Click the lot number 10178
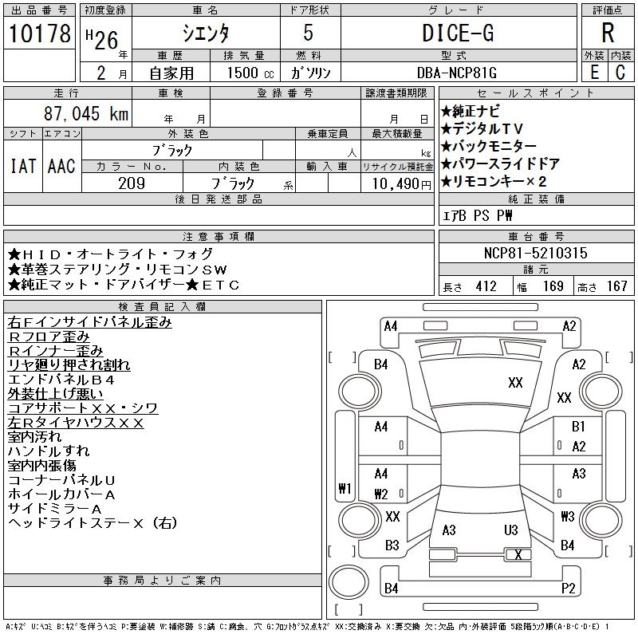click(x=39, y=33)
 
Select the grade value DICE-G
click(x=458, y=33)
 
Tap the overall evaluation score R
click(x=608, y=33)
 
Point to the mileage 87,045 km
click(x=86, y=113)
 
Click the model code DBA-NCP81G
click(x=456, y=73)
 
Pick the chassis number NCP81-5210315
click(x=535, y=253)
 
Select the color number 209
click(x=132, y=183)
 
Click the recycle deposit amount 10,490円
click(x=401, y=184)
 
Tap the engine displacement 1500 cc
click(x=250, y=73)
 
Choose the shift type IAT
click(x=23, y=166)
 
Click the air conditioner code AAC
click(x=61, y=166)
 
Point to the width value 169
click(x=553, y=286)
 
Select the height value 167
click(x=616, y=286)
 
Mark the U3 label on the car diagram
click(x=510, y=530)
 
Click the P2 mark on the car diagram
click(x=568, y=588)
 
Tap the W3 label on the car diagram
click(x=568, y=516)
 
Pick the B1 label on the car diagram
click(x=578, y=426)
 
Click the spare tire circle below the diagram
click(x=349, y=581)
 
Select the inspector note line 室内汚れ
click(x=34, y=436)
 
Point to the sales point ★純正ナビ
click(x=470, y=111)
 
